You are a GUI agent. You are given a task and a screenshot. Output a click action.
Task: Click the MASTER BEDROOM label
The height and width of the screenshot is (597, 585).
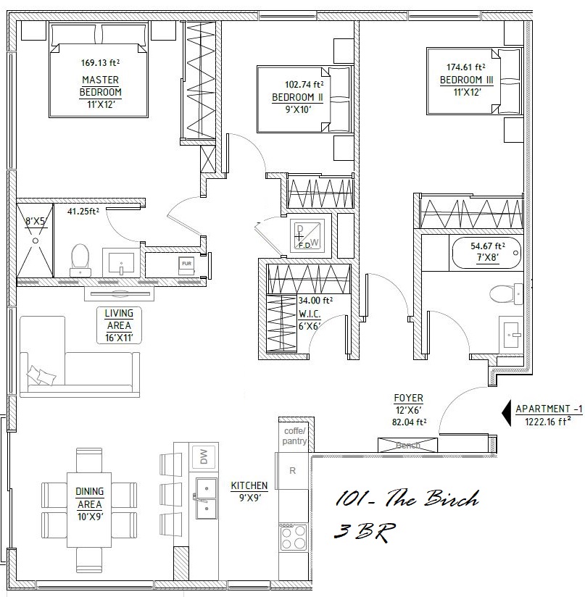tap(101, 86)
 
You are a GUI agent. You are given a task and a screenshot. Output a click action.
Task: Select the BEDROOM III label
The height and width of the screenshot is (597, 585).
tap(467, 80)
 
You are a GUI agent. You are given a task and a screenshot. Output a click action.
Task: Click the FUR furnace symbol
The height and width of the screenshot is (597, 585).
tap(186, 265)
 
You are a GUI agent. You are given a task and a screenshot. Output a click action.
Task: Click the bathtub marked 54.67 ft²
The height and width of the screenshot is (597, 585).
tap(486, 252)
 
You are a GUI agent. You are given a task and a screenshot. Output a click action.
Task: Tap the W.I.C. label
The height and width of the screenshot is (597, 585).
tap(310, 314)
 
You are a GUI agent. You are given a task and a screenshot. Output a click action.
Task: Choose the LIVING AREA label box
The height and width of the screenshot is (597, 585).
tap(119, 325)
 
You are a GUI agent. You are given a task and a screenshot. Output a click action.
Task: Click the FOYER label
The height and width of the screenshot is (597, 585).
tap(408, 398)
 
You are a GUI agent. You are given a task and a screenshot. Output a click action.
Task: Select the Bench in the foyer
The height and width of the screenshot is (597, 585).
tap(407, 445)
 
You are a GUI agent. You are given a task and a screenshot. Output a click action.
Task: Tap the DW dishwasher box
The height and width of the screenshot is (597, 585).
tap(204, 456)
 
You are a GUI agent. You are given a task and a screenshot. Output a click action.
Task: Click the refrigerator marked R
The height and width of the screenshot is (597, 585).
tap(292, 471)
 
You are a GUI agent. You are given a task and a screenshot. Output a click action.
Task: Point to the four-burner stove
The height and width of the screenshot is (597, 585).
tap(294, 537)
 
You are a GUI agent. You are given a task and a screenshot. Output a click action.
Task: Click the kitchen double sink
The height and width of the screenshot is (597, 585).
tap(206, 498)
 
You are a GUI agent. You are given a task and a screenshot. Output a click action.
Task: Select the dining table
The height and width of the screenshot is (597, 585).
tap(89, 510)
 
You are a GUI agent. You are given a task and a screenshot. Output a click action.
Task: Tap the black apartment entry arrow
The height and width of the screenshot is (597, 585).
tap(507, 413)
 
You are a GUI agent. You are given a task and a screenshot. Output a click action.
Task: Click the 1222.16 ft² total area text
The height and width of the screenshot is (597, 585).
tap(548, 422)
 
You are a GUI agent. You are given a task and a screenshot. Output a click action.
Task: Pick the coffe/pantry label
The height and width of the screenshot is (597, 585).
tap(294, 436)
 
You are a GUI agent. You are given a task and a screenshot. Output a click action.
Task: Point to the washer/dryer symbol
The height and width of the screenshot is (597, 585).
tap(307, 235)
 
